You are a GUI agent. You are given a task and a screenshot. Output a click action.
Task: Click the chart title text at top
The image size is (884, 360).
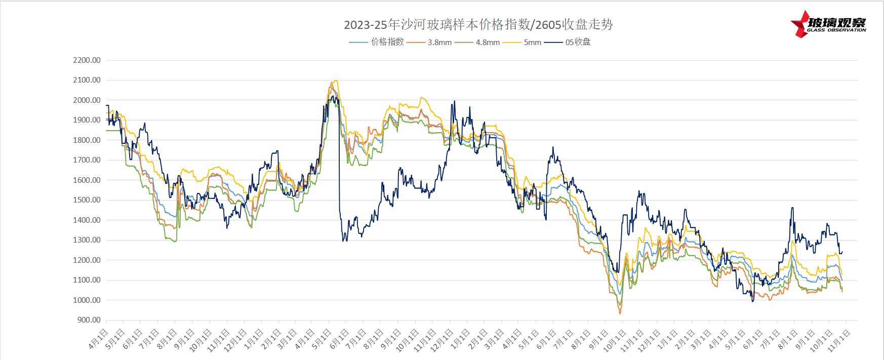click(x=478, y=24)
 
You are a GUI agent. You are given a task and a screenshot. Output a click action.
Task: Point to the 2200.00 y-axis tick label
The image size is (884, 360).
click(x=87, y=60)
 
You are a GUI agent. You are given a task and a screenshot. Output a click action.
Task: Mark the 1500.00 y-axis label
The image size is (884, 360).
click(x=87, y=200)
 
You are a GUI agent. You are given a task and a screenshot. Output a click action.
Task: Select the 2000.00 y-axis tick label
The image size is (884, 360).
click(x=87, y=100)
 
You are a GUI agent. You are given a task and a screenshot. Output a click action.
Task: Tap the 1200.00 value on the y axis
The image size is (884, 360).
click(x=87, y=260)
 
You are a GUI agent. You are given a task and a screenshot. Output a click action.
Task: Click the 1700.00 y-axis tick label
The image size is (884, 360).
click(x=87, y=160)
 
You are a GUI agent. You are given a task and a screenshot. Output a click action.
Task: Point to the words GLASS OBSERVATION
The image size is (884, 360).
click(x=836, y=30)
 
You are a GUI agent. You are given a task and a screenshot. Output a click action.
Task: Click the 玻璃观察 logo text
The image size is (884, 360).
click(x=836, y=22)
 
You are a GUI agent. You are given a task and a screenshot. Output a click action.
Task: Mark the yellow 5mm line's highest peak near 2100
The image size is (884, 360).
click(x=335, y=81)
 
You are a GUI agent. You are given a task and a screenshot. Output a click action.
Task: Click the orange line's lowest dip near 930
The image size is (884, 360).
click(x=620, y=313)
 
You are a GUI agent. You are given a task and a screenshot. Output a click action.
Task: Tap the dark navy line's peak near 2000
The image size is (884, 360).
click(x=454, y=101)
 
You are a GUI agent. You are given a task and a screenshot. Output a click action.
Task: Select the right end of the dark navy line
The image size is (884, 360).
click(x=842, y=252)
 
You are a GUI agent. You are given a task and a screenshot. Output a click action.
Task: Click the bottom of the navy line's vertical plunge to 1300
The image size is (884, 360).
click(x=344, y=240)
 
